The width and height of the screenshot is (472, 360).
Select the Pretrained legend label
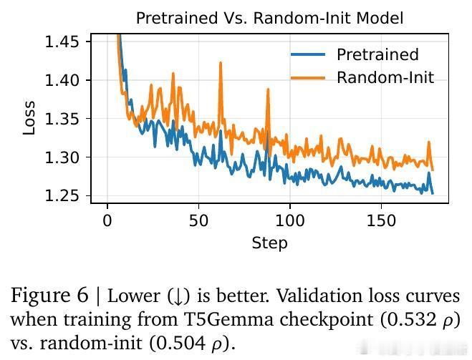[x=377, y=55]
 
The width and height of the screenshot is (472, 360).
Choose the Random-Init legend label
[x=385, y=78]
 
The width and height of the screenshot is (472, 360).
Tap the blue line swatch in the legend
[x=308, y=55]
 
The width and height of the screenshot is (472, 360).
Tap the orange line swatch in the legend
[x=308, y=78]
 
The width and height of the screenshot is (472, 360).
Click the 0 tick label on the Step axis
[x=107, y=220]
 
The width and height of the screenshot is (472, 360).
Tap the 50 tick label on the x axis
[x=198, y=220]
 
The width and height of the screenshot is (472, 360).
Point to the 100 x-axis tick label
[x=290, y=220]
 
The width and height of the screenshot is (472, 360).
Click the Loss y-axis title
[x=29, y=119]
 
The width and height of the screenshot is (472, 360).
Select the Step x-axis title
[x=269, y=243]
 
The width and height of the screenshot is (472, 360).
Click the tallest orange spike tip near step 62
[x=221, y=63]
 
